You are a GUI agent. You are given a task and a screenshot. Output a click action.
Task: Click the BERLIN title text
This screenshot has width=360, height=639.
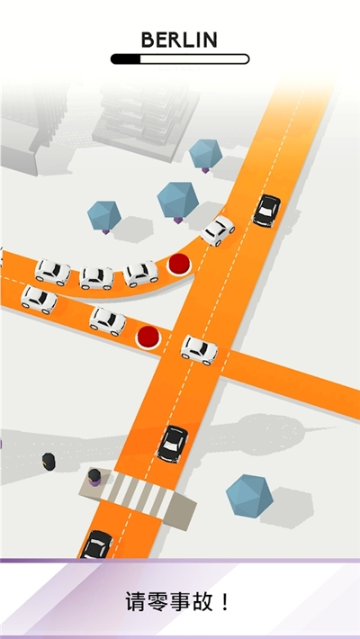tap(179, 40)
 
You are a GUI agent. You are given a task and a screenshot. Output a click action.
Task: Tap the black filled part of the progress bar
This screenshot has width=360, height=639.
tap(126, 59)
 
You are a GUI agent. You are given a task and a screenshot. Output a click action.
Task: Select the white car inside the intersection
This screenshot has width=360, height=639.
tap(200, 350)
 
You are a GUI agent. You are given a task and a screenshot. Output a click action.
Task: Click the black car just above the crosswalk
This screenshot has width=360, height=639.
tap(173, 444)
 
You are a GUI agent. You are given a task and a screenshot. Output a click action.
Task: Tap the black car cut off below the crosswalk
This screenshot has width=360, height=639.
tap(96, 544)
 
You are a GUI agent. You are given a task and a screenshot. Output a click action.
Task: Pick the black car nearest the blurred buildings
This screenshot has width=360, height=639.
tap(266, 211)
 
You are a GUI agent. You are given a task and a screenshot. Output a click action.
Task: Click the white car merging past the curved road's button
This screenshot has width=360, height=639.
tap(218, 230)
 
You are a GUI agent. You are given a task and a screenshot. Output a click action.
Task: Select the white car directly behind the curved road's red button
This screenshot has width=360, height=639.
tap(140, 274)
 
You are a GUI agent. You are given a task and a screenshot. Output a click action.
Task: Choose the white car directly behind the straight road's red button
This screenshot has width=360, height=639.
tap(108, 321)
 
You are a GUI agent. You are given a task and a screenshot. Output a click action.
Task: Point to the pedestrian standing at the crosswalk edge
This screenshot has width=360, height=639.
tap(94, 477)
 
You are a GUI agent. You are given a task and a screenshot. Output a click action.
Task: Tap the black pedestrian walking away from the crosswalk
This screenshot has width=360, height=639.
tap(49, 462)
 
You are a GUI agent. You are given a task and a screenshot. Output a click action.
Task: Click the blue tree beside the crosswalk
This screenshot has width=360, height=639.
tap(249, 496)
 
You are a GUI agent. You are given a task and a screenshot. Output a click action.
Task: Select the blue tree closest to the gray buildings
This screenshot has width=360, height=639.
tap(205, 155)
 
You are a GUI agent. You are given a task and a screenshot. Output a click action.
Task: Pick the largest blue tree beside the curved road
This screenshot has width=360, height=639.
tap(178, 202)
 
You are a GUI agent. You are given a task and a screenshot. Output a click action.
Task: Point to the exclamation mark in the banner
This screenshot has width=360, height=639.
tap(226, 602)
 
